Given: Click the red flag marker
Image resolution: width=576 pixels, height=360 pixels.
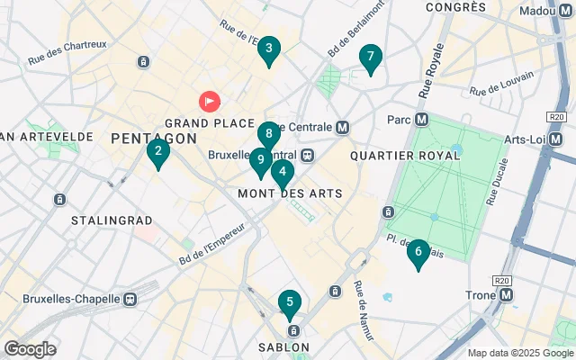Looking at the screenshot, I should pos(209,102).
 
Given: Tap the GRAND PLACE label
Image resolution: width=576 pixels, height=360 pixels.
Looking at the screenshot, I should pos(199,122).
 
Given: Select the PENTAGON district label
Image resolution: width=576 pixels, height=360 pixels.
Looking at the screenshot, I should pos(154,138).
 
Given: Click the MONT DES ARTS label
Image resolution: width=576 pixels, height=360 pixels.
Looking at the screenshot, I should pos(290,193).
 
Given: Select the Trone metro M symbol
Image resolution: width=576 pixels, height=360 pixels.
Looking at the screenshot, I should pos(506,294).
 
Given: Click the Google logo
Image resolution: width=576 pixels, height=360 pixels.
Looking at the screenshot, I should pos(30,349).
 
